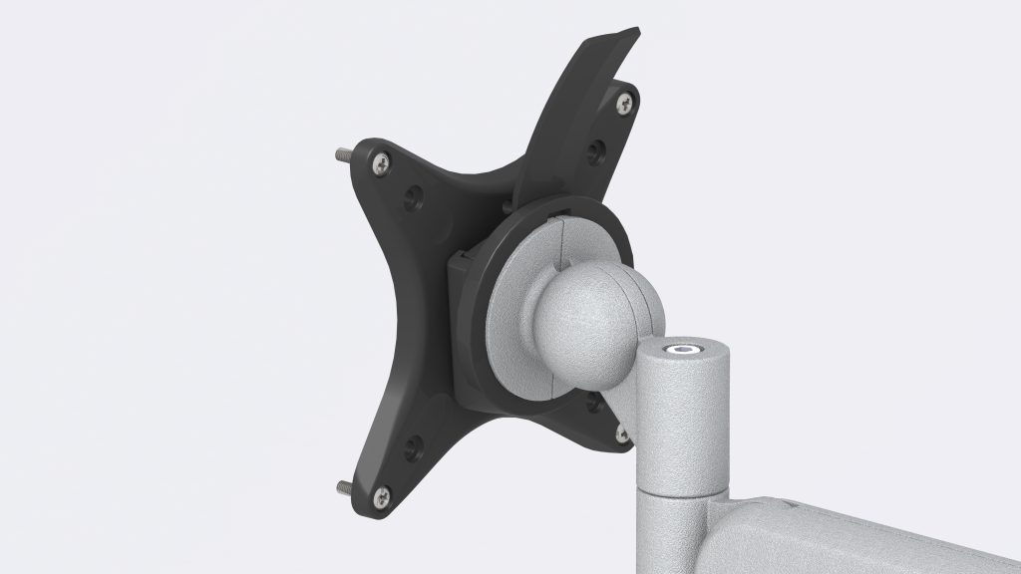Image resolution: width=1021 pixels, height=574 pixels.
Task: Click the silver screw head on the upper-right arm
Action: tap(625, 101)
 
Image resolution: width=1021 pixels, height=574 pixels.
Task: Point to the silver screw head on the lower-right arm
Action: tap(622, 434)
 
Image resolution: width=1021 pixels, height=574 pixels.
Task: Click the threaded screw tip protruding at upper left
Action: tap(341, 155)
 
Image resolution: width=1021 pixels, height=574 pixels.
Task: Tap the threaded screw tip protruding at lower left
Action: tap(341, 486)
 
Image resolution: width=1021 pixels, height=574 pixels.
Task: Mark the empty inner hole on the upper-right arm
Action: tap(595, 151)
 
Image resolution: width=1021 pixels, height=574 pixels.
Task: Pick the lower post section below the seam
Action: tap(678, 533)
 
